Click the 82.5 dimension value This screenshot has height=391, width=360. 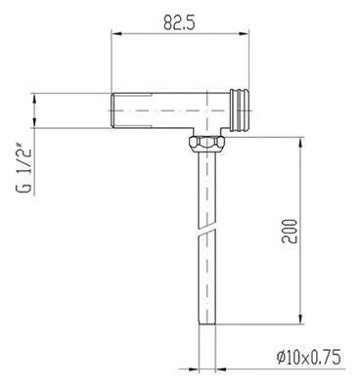(179, 22)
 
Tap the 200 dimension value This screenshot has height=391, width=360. (291, 231)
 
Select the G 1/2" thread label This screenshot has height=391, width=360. (24, 170)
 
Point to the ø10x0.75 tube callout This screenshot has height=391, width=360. (308, 357)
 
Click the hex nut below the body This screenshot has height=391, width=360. (206, 144)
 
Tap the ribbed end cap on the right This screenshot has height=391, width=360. (240, 110)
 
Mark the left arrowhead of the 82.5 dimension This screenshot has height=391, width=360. (116, 33)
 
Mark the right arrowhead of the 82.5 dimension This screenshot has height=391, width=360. (245, 33)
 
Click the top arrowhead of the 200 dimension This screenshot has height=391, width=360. (300, 142)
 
